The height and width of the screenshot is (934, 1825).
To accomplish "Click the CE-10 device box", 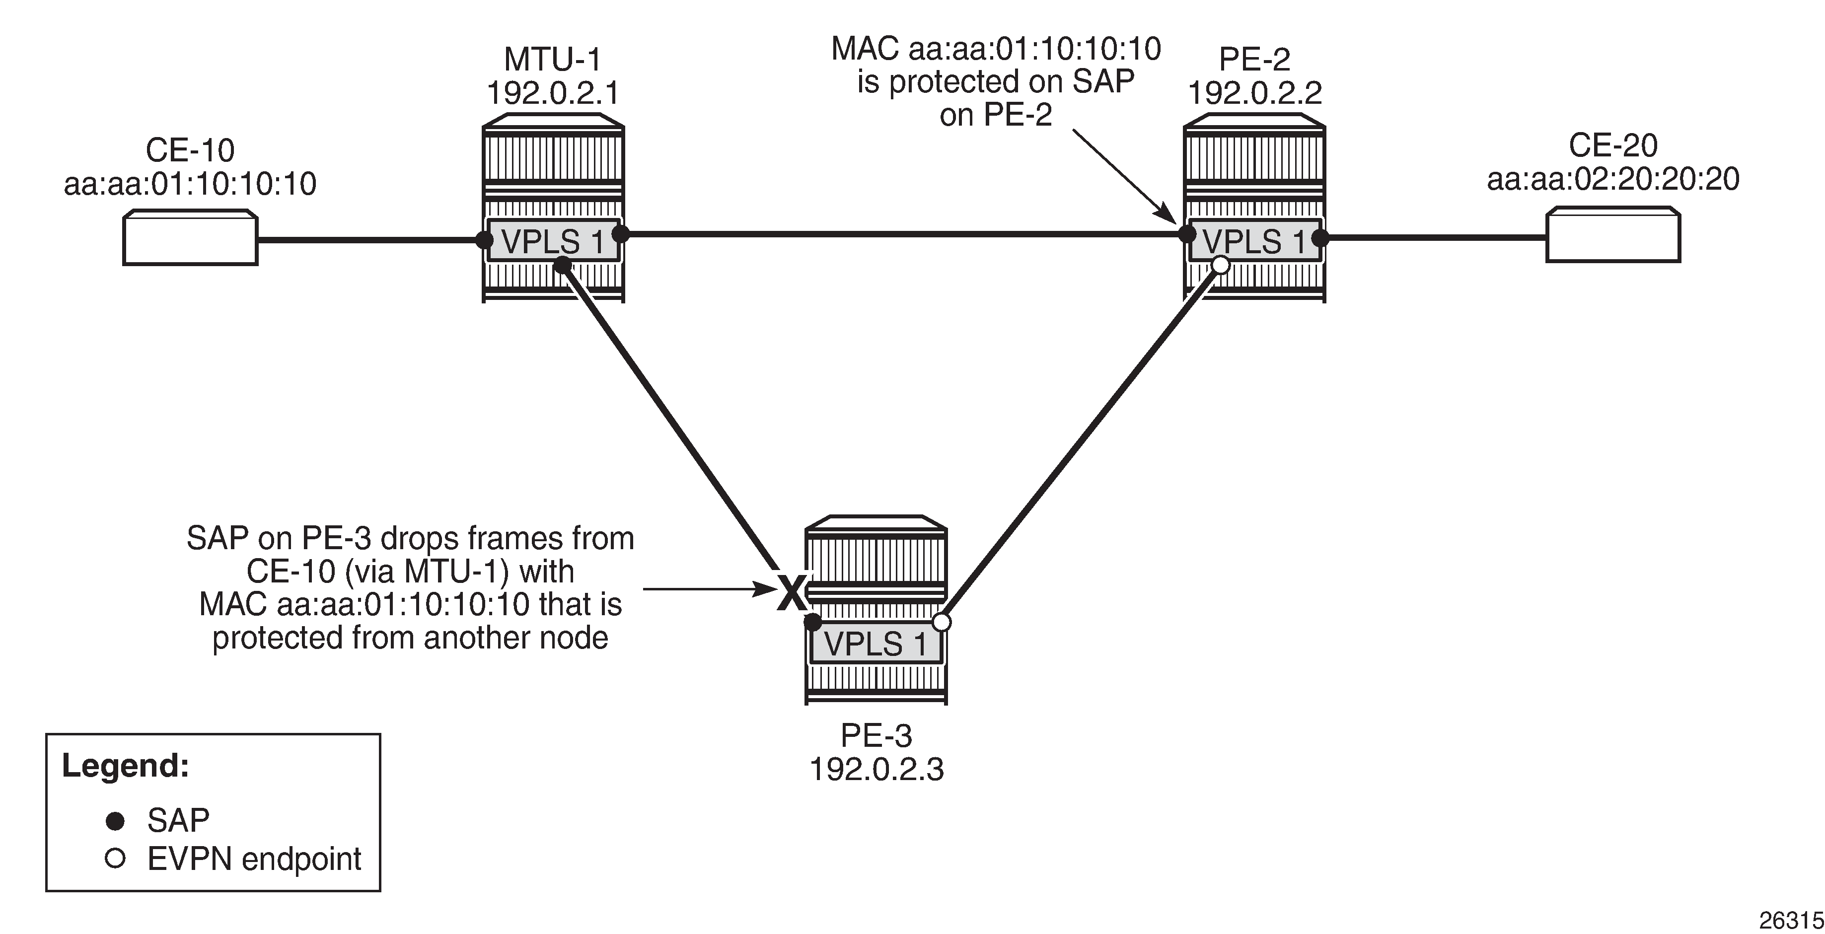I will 190,238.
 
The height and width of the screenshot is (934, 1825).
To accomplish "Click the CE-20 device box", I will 1612,235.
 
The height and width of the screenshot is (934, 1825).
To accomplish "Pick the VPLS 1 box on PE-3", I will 876,644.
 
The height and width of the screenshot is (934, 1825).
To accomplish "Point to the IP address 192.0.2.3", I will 876,769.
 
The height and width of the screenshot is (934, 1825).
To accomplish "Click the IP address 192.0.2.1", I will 553,92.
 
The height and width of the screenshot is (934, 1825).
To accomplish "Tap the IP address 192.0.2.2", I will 1254,92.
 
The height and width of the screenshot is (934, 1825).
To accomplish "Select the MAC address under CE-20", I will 1612,179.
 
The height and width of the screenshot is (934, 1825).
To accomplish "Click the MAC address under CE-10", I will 190,184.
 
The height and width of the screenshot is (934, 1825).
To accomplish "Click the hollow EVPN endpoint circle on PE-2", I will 1220,265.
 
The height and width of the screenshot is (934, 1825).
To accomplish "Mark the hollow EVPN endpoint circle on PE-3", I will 941,622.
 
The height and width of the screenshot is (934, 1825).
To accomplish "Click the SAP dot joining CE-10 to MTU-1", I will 484,239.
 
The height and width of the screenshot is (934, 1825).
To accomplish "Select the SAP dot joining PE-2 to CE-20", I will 1320,238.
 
